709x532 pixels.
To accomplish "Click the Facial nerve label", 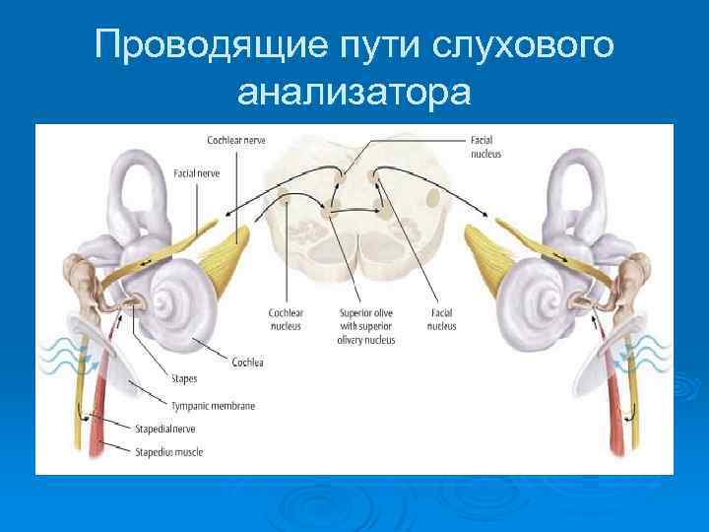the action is (196, 172).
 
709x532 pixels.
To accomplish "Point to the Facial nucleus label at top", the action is (486, 147).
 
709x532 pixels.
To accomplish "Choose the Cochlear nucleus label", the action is (286, 319).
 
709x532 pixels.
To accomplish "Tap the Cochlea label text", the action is (248, 362).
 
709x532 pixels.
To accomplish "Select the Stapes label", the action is (184, 377).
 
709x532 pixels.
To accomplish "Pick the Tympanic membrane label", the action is (213, 405).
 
